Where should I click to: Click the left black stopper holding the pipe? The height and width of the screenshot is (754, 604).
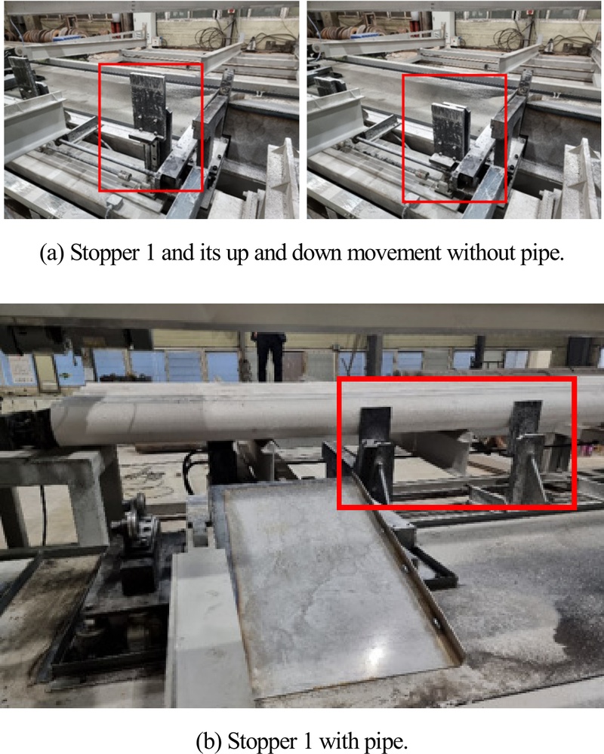pos(375,452)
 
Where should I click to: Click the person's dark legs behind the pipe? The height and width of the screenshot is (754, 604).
pos(270,355)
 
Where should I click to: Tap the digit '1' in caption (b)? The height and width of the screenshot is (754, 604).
pos(308,740)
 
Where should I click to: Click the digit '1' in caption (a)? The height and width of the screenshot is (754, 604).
pos(150,253)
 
